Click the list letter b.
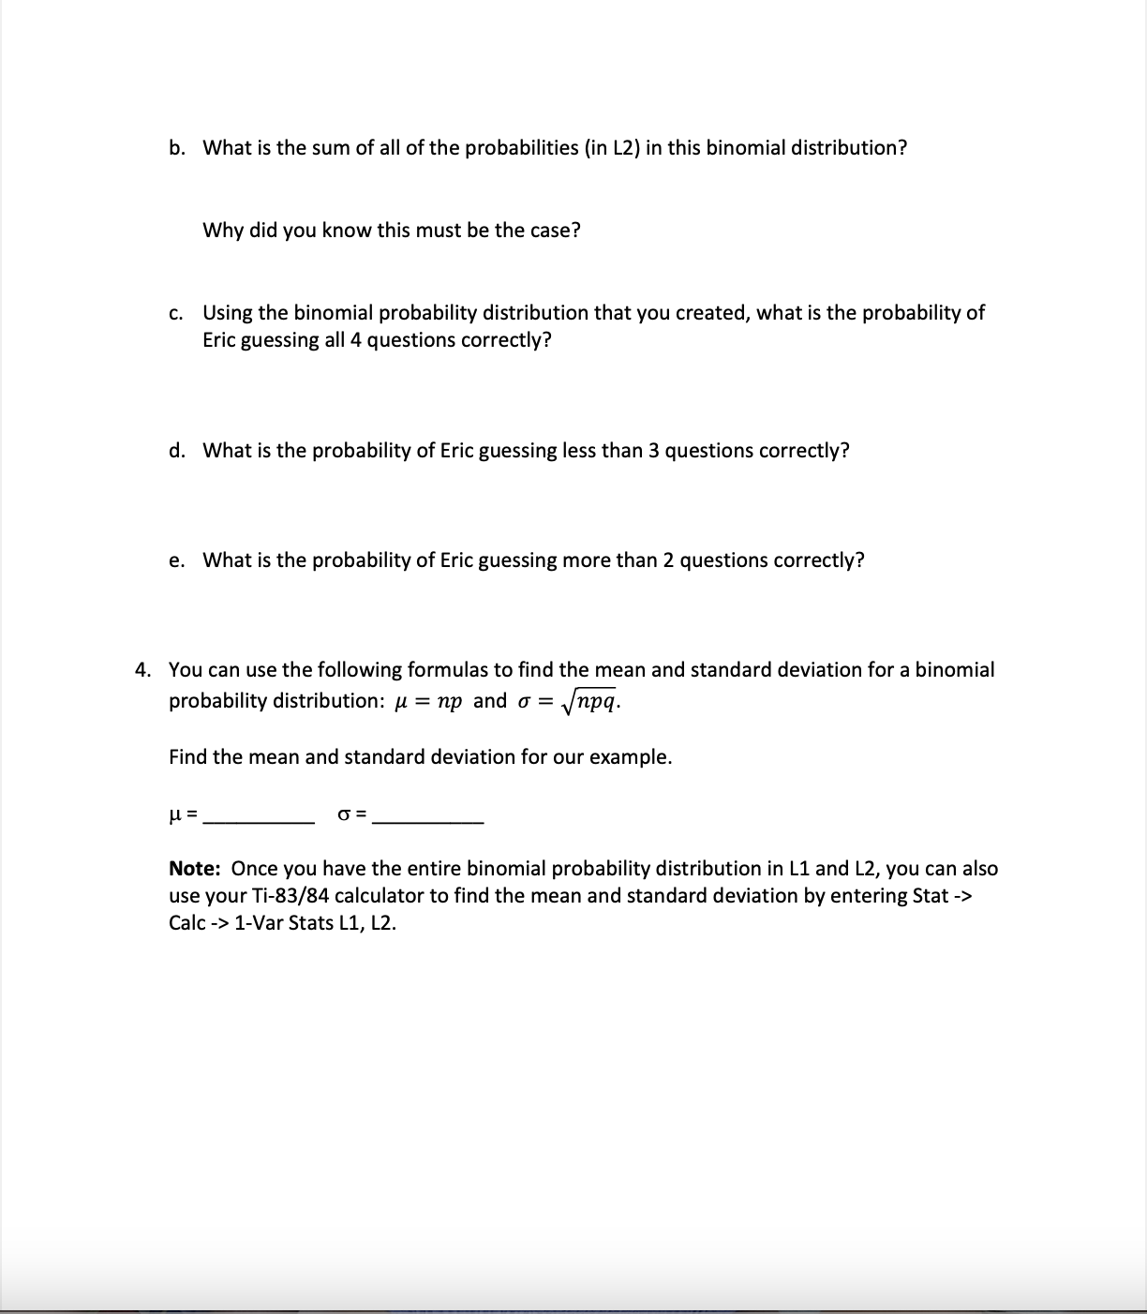pyautogui.click(x=176, y=148)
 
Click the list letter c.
pyautogui.click(x=175, y=313)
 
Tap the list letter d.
pyautogui.click(x=176, y=451)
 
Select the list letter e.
pyautogui.click(x=176, y=560)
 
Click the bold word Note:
pyautogui.click(x=195, y=869)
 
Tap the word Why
pyautogui.click(x=223, y=231)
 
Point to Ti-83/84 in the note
pyautogui.click(x=299, y=896)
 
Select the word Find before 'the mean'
pyautogui.click(x=187, y=757)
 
